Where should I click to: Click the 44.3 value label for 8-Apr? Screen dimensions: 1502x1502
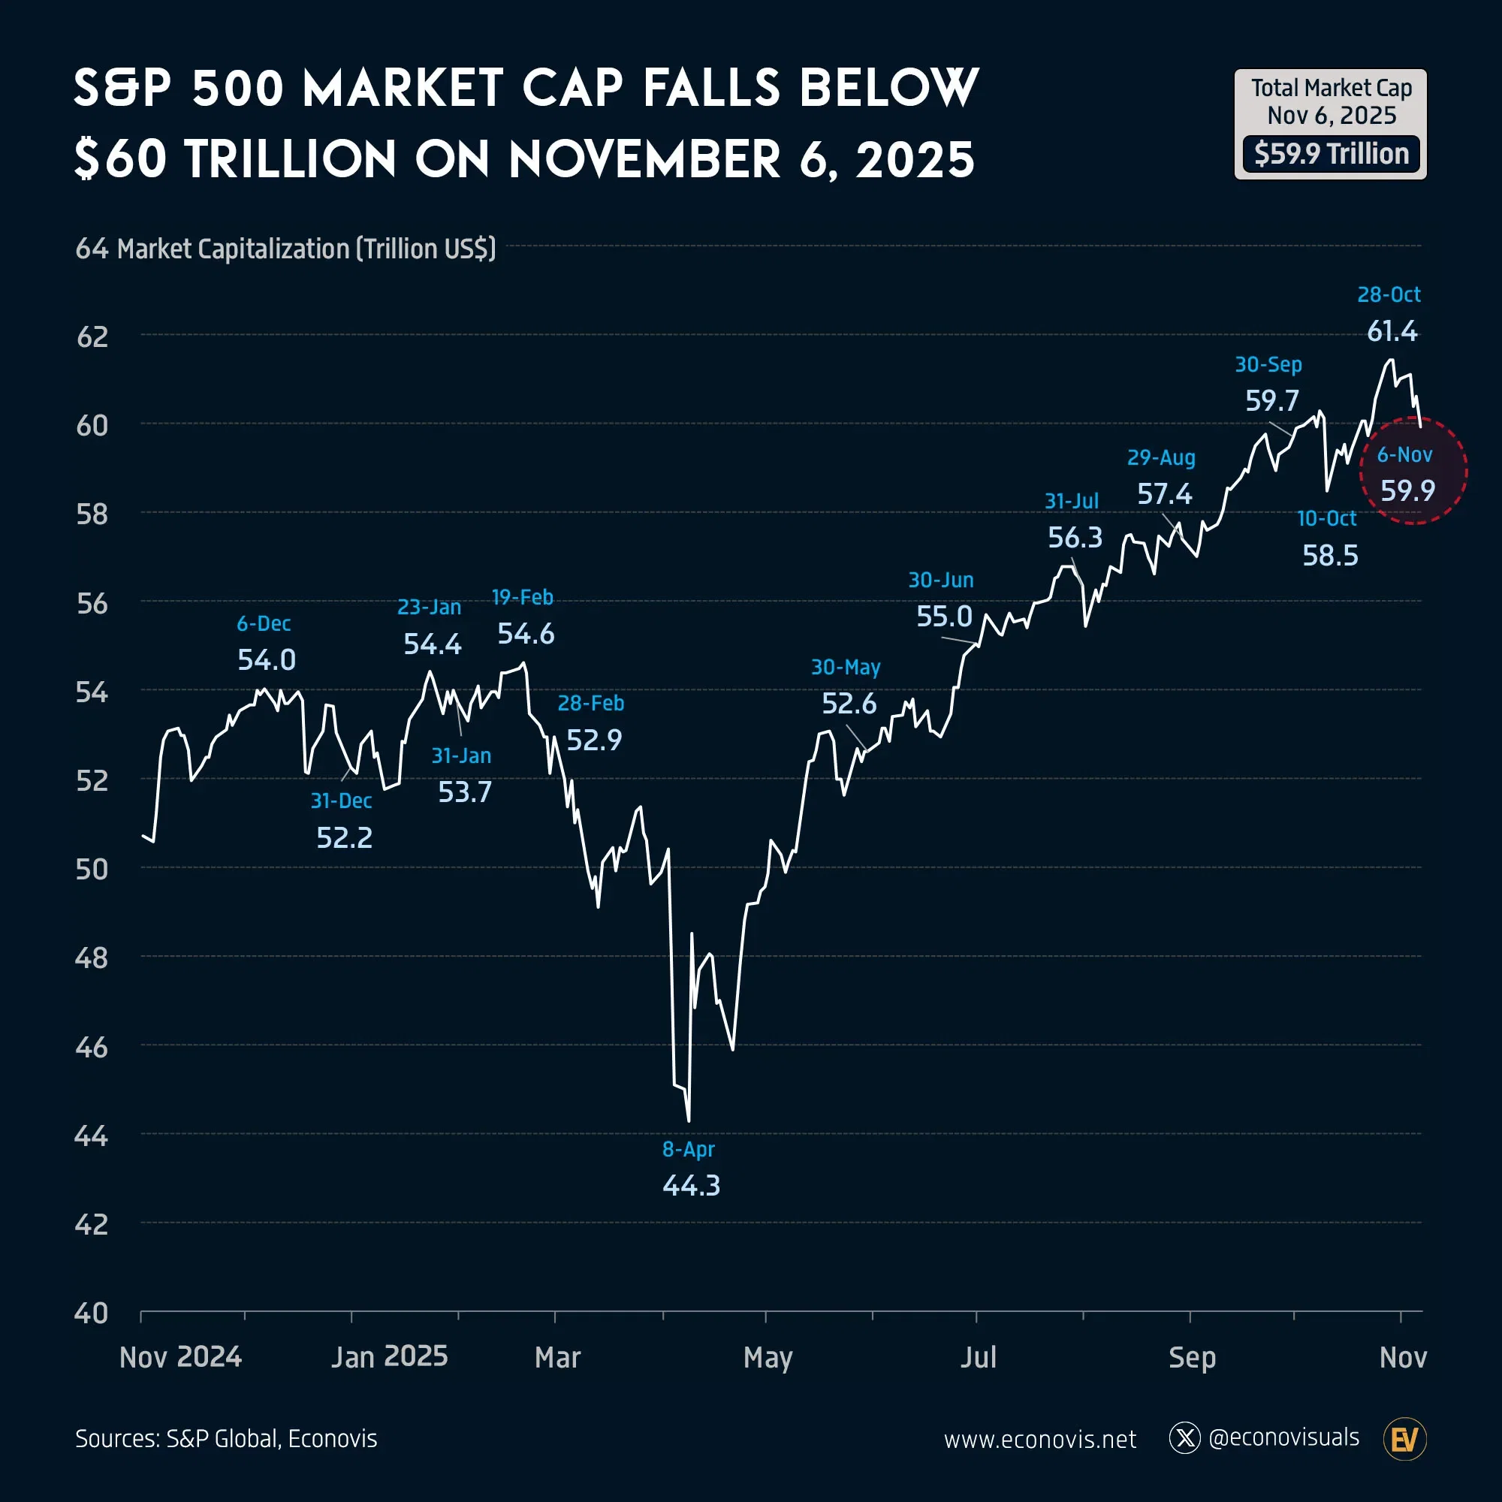[691, 1186]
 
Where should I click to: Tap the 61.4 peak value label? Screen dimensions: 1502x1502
[1392, 332]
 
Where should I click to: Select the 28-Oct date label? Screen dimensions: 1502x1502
[1389, 294]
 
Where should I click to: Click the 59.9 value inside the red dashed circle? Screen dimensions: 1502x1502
[1407, 490]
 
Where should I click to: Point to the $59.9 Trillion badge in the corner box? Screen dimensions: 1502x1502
[1331, 154]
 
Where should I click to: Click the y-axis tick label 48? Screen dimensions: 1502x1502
[92, 958]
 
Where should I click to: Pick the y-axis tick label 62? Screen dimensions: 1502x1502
[92, 336]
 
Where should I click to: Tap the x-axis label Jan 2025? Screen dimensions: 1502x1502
[389, 1356]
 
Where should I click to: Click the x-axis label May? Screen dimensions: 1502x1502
[768, 1357]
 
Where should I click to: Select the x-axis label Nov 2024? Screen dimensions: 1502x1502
[180, 1356]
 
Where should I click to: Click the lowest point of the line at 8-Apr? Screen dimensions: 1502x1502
[689, 1120]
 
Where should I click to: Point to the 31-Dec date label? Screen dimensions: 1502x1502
[341, 801]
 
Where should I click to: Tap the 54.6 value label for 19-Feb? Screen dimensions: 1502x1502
[526, 635]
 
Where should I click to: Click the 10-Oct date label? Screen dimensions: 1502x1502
[1326, 518]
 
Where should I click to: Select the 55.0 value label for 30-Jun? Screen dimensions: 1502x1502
[944, 617]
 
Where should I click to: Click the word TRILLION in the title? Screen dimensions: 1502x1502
[291, 160]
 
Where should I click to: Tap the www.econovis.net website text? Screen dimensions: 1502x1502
[1039, 1439]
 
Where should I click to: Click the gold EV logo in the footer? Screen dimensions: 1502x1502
[1405, 1439]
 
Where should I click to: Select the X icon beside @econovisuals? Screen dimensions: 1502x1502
[1184, 1438]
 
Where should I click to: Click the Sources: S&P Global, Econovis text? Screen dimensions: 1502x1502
[226, 1438]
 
